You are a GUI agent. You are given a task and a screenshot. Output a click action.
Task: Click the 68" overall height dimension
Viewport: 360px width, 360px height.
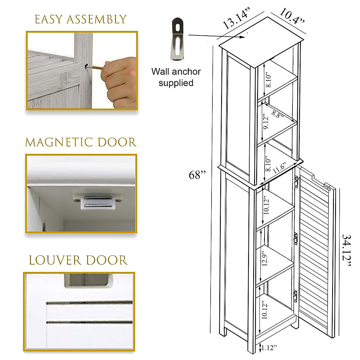coord(197,175)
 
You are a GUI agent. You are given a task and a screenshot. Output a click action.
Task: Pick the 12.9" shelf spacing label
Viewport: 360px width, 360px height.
coord(264,260)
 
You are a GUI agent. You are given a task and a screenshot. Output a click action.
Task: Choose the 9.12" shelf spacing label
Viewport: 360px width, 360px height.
coord(266,123)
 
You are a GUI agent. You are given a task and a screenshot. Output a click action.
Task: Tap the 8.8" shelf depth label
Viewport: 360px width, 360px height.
coord(277,114)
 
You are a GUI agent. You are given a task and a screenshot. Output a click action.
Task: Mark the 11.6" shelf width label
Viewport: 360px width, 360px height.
coord(280,168)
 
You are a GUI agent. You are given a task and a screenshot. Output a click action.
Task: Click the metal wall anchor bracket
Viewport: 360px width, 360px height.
coord(177,39)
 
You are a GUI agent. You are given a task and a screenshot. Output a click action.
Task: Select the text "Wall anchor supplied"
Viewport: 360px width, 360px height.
coord(176,77)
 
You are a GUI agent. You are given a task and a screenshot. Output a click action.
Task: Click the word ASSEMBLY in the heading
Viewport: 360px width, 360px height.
coord(96,19)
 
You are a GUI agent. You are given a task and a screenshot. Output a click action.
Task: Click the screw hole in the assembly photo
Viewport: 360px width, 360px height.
coord(86,66)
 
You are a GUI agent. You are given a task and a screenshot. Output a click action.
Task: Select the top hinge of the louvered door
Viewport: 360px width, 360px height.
coord(296,181)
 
